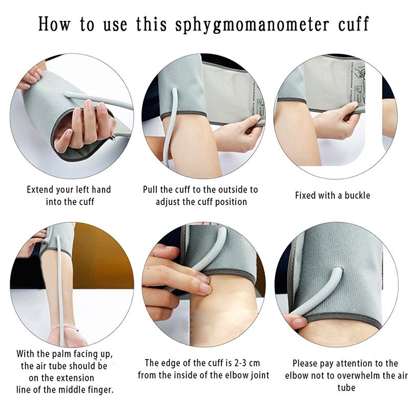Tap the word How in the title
coord(54,24)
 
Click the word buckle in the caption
coord(357,195)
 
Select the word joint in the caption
coord(259,375)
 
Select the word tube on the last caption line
coord(346,387)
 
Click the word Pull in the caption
coord(150,190)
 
